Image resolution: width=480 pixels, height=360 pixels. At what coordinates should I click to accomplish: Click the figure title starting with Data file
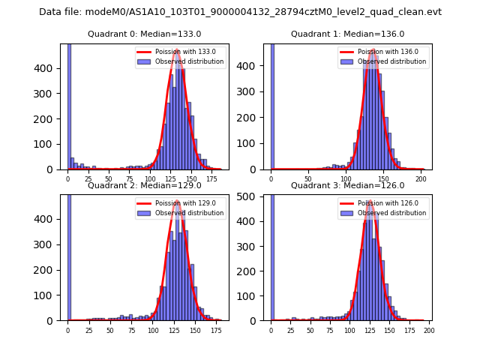coord(240,12)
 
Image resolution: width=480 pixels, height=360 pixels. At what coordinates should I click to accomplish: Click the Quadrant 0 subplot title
coord(145,34)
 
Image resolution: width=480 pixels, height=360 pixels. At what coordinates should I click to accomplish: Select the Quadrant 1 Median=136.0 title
coord(348,34)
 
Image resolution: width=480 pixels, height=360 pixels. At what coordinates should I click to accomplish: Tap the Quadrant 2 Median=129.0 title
coord(145,185)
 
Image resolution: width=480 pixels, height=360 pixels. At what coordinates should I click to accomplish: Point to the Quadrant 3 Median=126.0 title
coord(348,185)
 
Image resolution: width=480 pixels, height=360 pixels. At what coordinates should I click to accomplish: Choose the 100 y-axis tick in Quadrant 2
coord(50,295)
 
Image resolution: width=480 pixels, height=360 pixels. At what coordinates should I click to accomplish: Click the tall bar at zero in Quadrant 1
coord(272,105)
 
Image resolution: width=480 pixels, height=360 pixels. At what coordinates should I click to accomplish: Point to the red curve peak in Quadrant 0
coord(177,50)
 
